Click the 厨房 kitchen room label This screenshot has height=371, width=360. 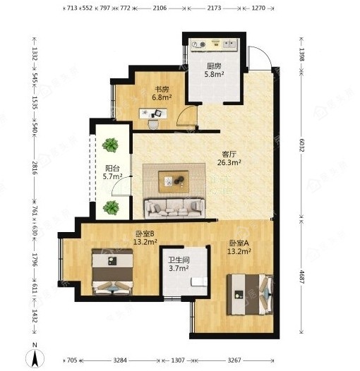click(x=214, y=66)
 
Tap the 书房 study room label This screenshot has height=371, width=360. click(x=162, y=90)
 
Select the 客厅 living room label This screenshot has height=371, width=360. click(x=229, y=154)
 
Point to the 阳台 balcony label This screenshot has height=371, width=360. click(x=112, y=169)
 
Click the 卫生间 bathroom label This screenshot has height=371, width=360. click(x=179, y=260)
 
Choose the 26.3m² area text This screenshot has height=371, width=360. click(x=229, y=162)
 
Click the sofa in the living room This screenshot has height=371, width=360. click(x=174, y=208)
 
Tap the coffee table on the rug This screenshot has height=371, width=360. click(x=174, y=182)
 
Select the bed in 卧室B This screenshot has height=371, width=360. click(x=112, y=272)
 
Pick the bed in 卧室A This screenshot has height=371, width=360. click(x=250, y=294)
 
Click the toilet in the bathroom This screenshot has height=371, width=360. click(x=199, y=281)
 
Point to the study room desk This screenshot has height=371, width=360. click(x=153, y=113)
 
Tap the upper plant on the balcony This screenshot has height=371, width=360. click(x=110, y=145)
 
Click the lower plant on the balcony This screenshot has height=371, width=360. click(x=111, y=207)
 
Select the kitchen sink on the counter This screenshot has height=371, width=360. click(x=229, y=44)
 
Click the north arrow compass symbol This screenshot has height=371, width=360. click(x=35, y=357)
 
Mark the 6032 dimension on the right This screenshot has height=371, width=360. click(x=301, y=145)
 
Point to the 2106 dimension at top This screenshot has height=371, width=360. click(x=160, y=8)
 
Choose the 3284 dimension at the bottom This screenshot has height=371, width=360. click(x=120, y=360)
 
